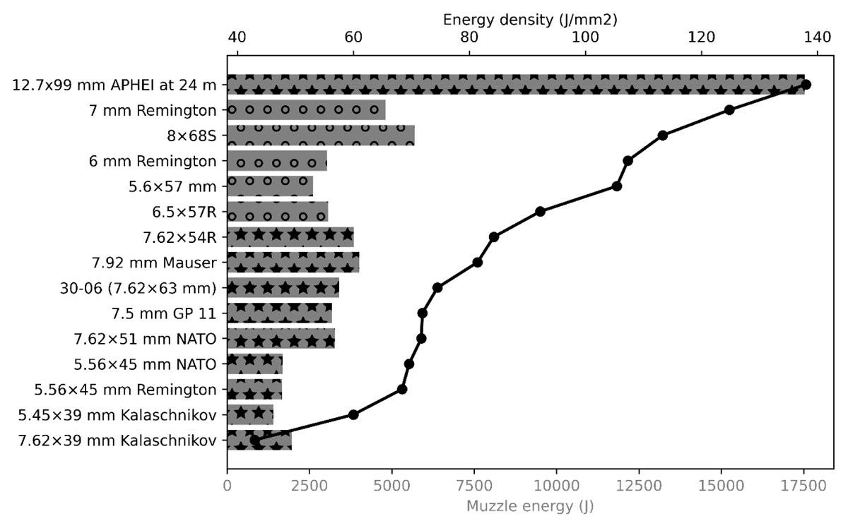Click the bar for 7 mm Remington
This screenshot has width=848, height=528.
click(306, 110)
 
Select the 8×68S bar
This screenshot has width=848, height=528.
click(321, 136)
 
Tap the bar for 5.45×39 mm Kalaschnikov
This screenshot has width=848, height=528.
click(250, 415)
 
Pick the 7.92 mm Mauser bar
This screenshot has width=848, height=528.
click(293, 263)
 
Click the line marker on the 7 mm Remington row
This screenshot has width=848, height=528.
click(729, 110)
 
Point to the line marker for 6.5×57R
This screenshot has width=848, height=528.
click(540, 212)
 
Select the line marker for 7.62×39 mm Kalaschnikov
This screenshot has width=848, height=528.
click(255, 440)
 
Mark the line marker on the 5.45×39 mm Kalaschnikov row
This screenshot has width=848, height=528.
click(353, 415)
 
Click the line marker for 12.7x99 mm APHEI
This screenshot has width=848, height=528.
click(806, 84)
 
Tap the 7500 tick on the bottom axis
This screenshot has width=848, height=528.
click(474, 469)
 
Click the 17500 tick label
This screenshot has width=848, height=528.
click(803, 486)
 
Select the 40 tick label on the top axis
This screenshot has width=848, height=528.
click(237, 37)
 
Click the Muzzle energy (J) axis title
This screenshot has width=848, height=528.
click(530, 506)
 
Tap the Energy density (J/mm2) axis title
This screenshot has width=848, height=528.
click(530, 20)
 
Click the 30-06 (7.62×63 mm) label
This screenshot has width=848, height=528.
click(139, 288)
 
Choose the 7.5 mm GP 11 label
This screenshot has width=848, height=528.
click(164, 313)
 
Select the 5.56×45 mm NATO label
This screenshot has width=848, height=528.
click(145, 364)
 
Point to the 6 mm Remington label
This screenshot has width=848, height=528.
click(153, 161)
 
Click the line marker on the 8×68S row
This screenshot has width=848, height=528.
click(663, 136)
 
